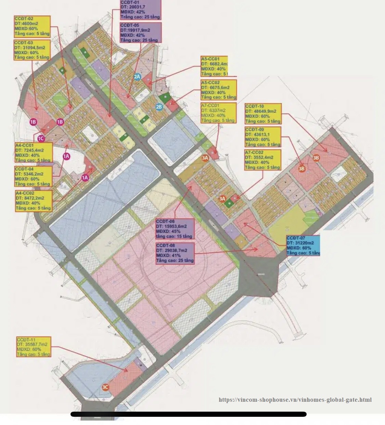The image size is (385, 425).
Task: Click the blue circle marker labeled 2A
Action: tap(137, 77)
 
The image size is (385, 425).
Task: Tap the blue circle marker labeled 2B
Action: tap(159, 107)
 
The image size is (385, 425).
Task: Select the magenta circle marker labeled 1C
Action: tap(41, 138)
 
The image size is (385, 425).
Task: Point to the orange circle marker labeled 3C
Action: tap(105, 387)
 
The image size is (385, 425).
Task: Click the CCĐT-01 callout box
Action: tap(140, 10)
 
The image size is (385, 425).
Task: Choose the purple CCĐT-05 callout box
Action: tap(140, 33)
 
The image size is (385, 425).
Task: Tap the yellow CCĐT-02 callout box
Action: tap(32, 26)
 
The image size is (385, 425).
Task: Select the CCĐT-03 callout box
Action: tap(32, 50)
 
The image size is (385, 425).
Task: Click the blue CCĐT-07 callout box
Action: tap(303, 245)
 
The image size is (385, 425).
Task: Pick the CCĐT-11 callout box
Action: tap(34, 347)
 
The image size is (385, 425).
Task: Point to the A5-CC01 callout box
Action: tap(214, 66)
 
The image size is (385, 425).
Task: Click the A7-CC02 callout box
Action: tap(262, 160)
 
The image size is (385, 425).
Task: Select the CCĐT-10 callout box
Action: tap(263, 114)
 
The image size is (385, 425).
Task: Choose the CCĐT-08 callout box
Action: tap(175, 253)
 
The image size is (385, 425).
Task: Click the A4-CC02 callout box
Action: tap(34, 201)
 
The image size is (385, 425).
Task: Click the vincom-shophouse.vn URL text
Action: tap(295, 400)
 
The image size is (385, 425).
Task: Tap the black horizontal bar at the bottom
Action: tap(188, 414)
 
